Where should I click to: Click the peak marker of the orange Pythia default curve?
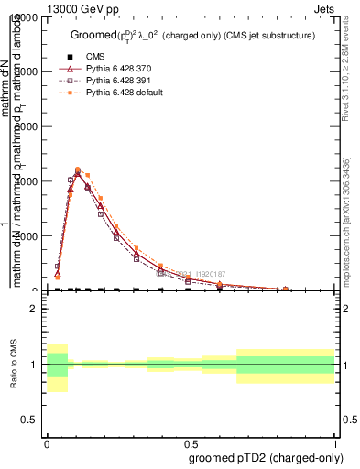click(78, 169)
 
